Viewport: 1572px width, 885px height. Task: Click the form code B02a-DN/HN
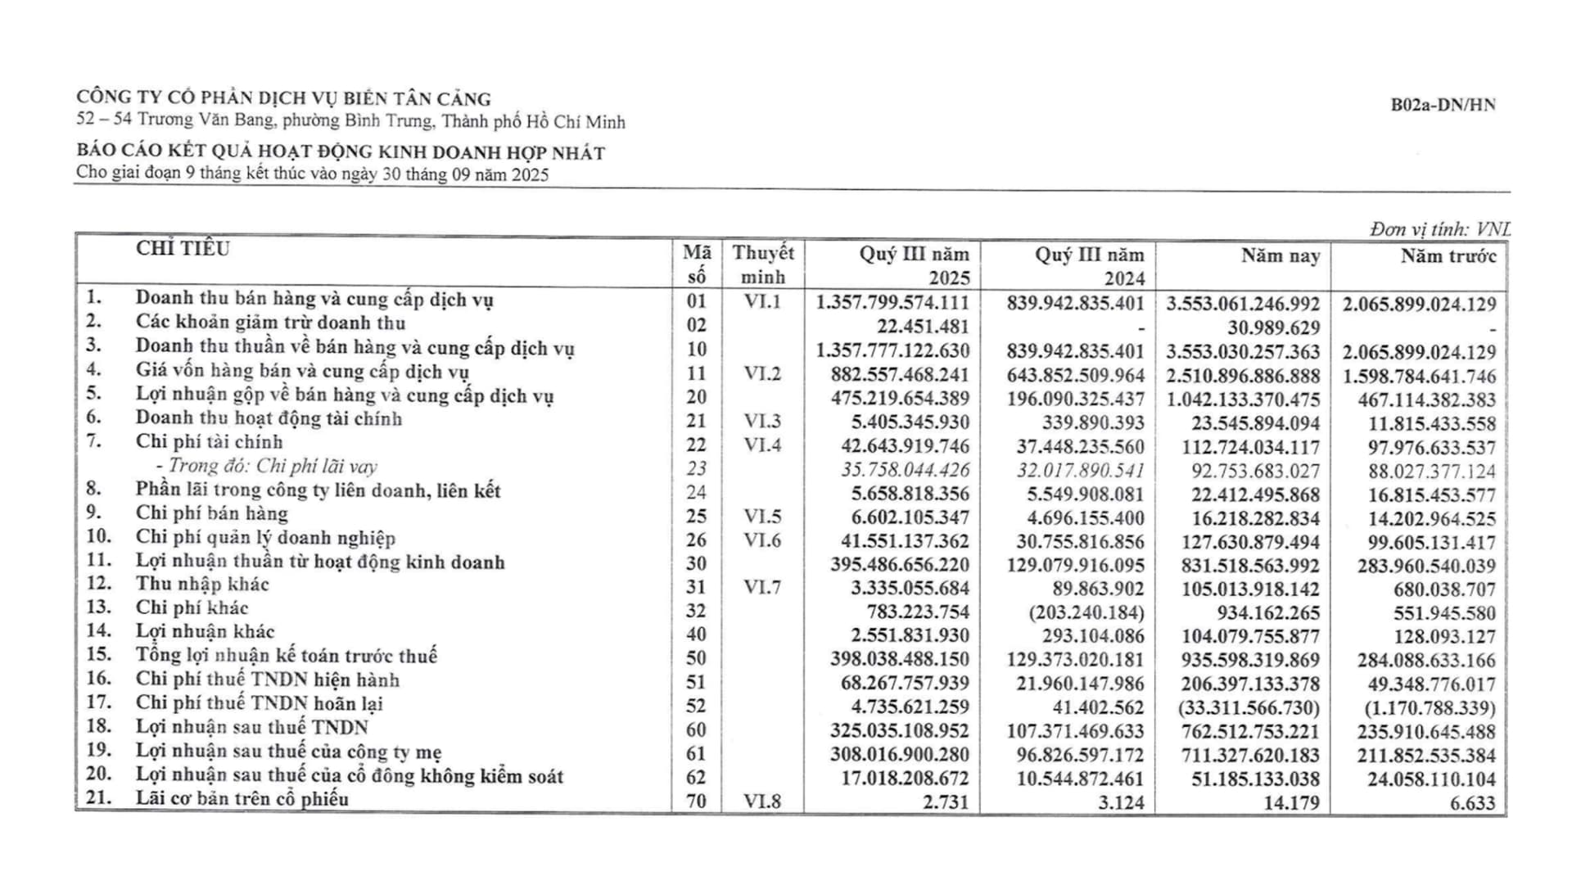tap(1443, 105)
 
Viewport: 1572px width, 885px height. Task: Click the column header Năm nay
tap(1281, 256)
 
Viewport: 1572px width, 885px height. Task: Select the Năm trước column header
tap(1448, 256)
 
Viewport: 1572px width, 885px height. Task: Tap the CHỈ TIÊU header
tap(183, 249)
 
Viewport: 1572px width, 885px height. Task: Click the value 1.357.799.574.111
tap(892, 303)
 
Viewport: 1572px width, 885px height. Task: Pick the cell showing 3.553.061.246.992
tap(1243, 304)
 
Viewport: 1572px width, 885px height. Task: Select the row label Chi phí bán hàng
tap(211, 513)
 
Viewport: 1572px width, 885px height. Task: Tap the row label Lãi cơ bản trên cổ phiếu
tap(242, 799)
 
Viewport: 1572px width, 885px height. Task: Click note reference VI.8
tap(762, 801)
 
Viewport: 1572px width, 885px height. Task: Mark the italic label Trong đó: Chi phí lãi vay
tap(272, 467)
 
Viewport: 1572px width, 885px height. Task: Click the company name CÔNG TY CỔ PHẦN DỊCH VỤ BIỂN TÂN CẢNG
tap(283, 99)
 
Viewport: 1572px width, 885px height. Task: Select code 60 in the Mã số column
tap(696, 729)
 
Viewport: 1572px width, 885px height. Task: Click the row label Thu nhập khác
tap(201, 584)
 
